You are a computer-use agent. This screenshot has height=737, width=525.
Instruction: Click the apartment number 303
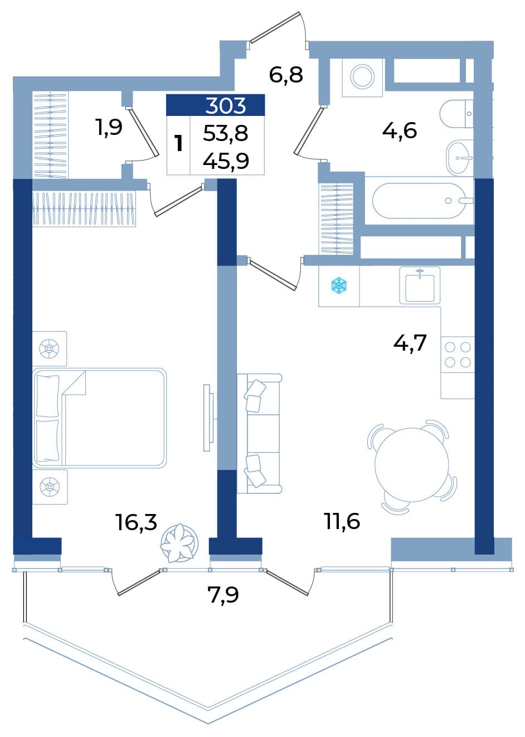click(x=225, y=105)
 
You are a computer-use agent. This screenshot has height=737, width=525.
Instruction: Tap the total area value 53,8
click(x=225, y=134)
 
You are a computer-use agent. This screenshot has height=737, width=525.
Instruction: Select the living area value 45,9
click(x=226, y=161)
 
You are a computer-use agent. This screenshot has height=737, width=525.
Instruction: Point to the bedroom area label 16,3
click(x=136, y=522)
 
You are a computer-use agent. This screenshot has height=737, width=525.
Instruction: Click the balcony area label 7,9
click(x=223, y=595)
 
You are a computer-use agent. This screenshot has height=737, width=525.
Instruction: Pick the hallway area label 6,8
click(x=285, y=75)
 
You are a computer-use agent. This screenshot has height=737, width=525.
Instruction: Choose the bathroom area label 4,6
click(x=400, y=130)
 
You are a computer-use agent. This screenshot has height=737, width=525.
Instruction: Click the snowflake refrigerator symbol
click(x=339, y=285)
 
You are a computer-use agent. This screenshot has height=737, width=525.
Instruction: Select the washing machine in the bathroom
click(x=362, y=77)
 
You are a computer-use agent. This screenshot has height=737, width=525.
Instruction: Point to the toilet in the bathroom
click(x=456, y=114)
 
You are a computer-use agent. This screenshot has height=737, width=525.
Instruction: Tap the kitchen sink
click(x=420, y=285)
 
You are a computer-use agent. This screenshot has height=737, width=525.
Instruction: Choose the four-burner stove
click(x=458, y=355)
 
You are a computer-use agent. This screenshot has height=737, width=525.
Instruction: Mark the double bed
click(x=99, y=418)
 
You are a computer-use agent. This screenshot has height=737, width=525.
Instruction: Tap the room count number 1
click(x=178, y=144)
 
